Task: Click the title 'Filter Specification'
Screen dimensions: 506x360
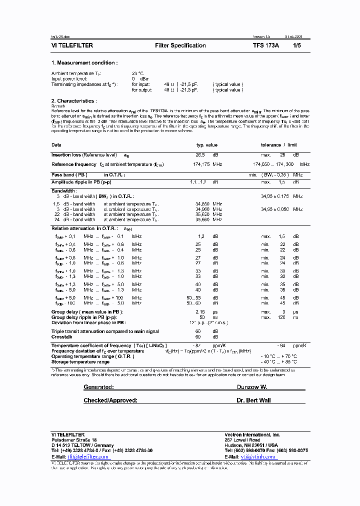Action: coord(180,45)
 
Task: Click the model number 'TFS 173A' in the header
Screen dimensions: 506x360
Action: coord(266,45)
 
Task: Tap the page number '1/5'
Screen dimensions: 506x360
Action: coord(296,45)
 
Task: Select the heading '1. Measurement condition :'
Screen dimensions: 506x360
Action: coord(84,63)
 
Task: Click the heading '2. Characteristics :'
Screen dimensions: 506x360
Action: coord(75,101)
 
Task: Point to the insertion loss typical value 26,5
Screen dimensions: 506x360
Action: coord(200,155)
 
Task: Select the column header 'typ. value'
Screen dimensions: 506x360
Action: coord(206,145)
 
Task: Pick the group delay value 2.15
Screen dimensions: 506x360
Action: coord(200,311)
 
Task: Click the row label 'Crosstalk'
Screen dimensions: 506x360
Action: coord(62,336)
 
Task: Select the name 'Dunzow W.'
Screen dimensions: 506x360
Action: coord(252,387)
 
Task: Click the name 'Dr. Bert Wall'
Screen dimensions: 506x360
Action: coord(253,400)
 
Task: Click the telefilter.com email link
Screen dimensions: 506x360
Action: coord(87,456)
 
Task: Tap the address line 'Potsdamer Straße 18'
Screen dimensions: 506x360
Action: coord(74,439)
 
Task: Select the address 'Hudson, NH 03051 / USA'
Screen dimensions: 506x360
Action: coord(252,445)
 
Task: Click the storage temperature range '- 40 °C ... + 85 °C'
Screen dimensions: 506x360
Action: coord(278,361)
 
